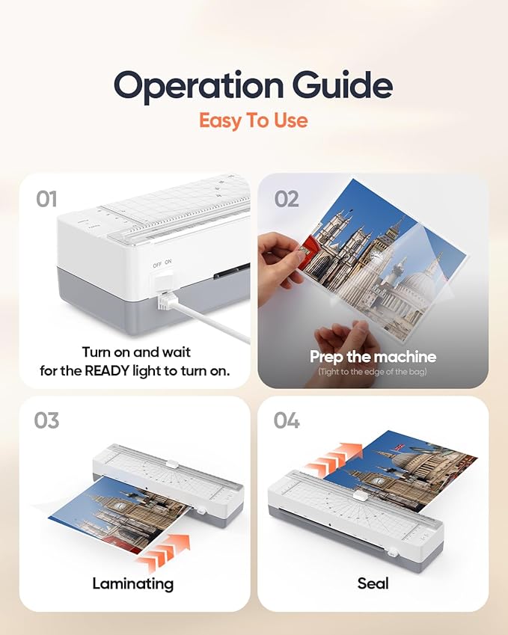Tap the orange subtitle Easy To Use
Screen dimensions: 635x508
pyautogui.click(x=253, y=120)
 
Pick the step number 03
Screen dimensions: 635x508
pyautogui.click(x=47, y=420)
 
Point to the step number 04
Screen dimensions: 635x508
pyautogui.click(x=286, y=420)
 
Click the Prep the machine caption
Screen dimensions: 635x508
pyautogui.click(x=373, y=356)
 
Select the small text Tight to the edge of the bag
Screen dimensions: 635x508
pyautogui.click(x=373, y=372)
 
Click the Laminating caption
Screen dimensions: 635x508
pyautogui.click(x=132, y=583)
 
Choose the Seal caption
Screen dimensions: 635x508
pyautogui.click(x=373, y=583)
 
